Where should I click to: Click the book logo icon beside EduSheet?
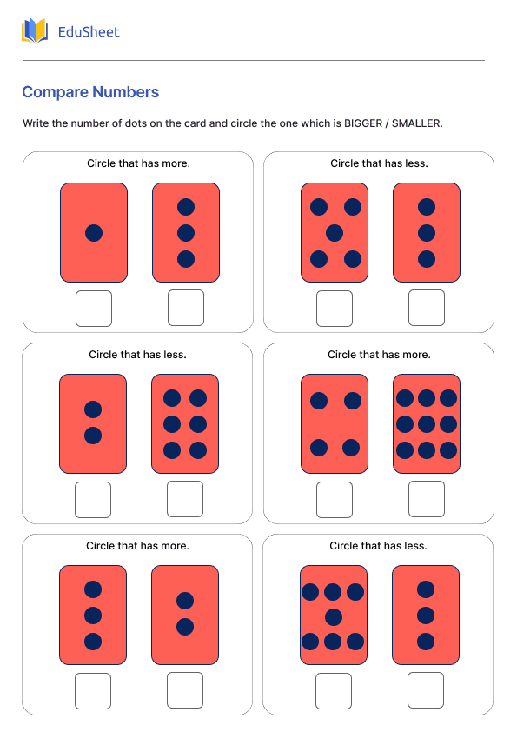[35, 31]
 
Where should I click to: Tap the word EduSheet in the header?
[88, 32]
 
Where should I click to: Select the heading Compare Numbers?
[90, 92]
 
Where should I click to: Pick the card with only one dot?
[94, 232]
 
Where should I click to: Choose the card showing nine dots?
[426, 423]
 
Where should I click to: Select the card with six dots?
[185, 423]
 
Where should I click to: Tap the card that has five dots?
[335, 232]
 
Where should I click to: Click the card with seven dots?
[333, 615]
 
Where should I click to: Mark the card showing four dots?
[335, 423]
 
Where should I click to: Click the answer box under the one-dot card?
[94, 308]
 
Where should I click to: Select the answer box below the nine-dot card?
[426, 499]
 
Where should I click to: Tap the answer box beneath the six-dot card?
[185, 499]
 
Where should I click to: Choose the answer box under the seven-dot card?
[334, 690]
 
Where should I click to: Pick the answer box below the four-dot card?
[335, 499]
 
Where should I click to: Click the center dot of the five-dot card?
[335, 233]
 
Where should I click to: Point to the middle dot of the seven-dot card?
[333, 617]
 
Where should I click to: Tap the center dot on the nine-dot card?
[426, 424]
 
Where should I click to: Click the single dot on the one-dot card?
[94, 233]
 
